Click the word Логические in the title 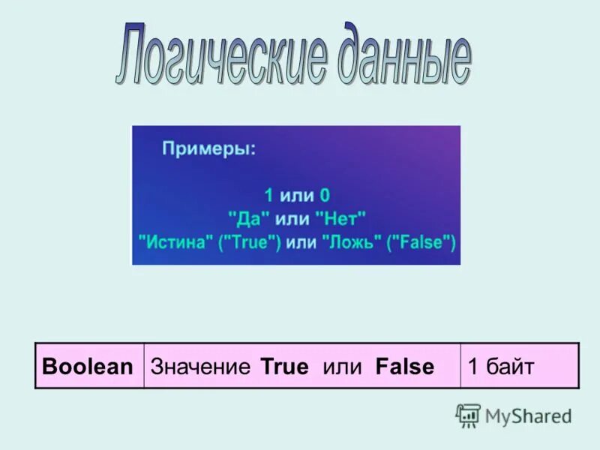pyautogui.click(x=222, y=58)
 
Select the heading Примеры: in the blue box pyautogui.click(x=208, y=149)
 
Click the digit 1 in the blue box pyautogui.click(x=268, y=196)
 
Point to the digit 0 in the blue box pyautogui.click(x=325, y=196)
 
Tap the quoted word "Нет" pyautogui.click(x=340, y=219)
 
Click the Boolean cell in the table pyautogui.click(x=88, y=367)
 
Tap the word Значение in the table pyautogui.click(x=200, y=367)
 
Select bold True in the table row pyautogui.click(x=284, y=367)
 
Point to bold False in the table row pyautogui.click(x=405, y=367)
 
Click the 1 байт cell pyautogui.click(x=501, y=367)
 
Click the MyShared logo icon pyautogui.click(x=468, y=415)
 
